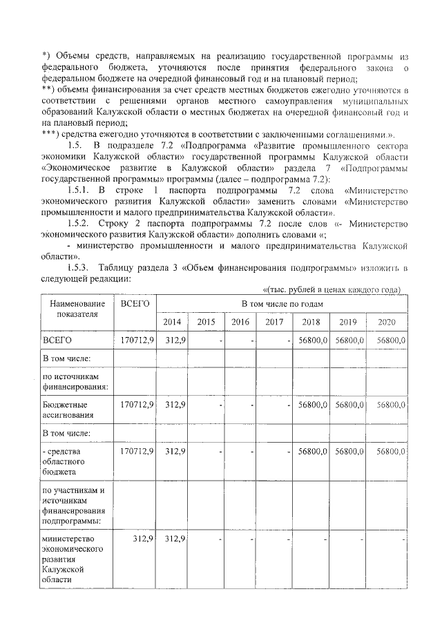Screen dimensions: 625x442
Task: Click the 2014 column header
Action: pos(173,322)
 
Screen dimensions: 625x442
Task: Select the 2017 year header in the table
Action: pos(274,322)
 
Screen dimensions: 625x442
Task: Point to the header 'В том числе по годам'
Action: pos(282,304)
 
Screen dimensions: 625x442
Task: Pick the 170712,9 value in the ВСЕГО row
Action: pos(137,340)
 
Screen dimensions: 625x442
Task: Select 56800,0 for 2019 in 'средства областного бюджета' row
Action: pos(349,451)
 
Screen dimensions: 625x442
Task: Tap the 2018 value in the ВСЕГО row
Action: pos(312,340)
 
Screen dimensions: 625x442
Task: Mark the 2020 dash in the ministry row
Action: pos(403,539)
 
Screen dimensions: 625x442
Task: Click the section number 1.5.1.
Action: pos(84,190)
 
